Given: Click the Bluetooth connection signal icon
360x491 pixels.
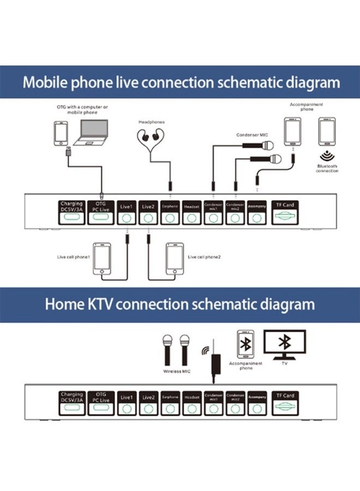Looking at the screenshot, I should (x=327, y=154).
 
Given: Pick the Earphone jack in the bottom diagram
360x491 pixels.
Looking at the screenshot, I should (x=170, y=409).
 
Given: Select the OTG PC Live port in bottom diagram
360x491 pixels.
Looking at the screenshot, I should (x=101, y=408).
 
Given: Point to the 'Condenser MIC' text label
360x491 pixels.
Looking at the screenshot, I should (x=252, y=134).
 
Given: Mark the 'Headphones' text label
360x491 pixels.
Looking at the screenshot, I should (x=152, y=122).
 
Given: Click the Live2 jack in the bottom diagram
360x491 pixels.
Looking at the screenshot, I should (x=148, y=409).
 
